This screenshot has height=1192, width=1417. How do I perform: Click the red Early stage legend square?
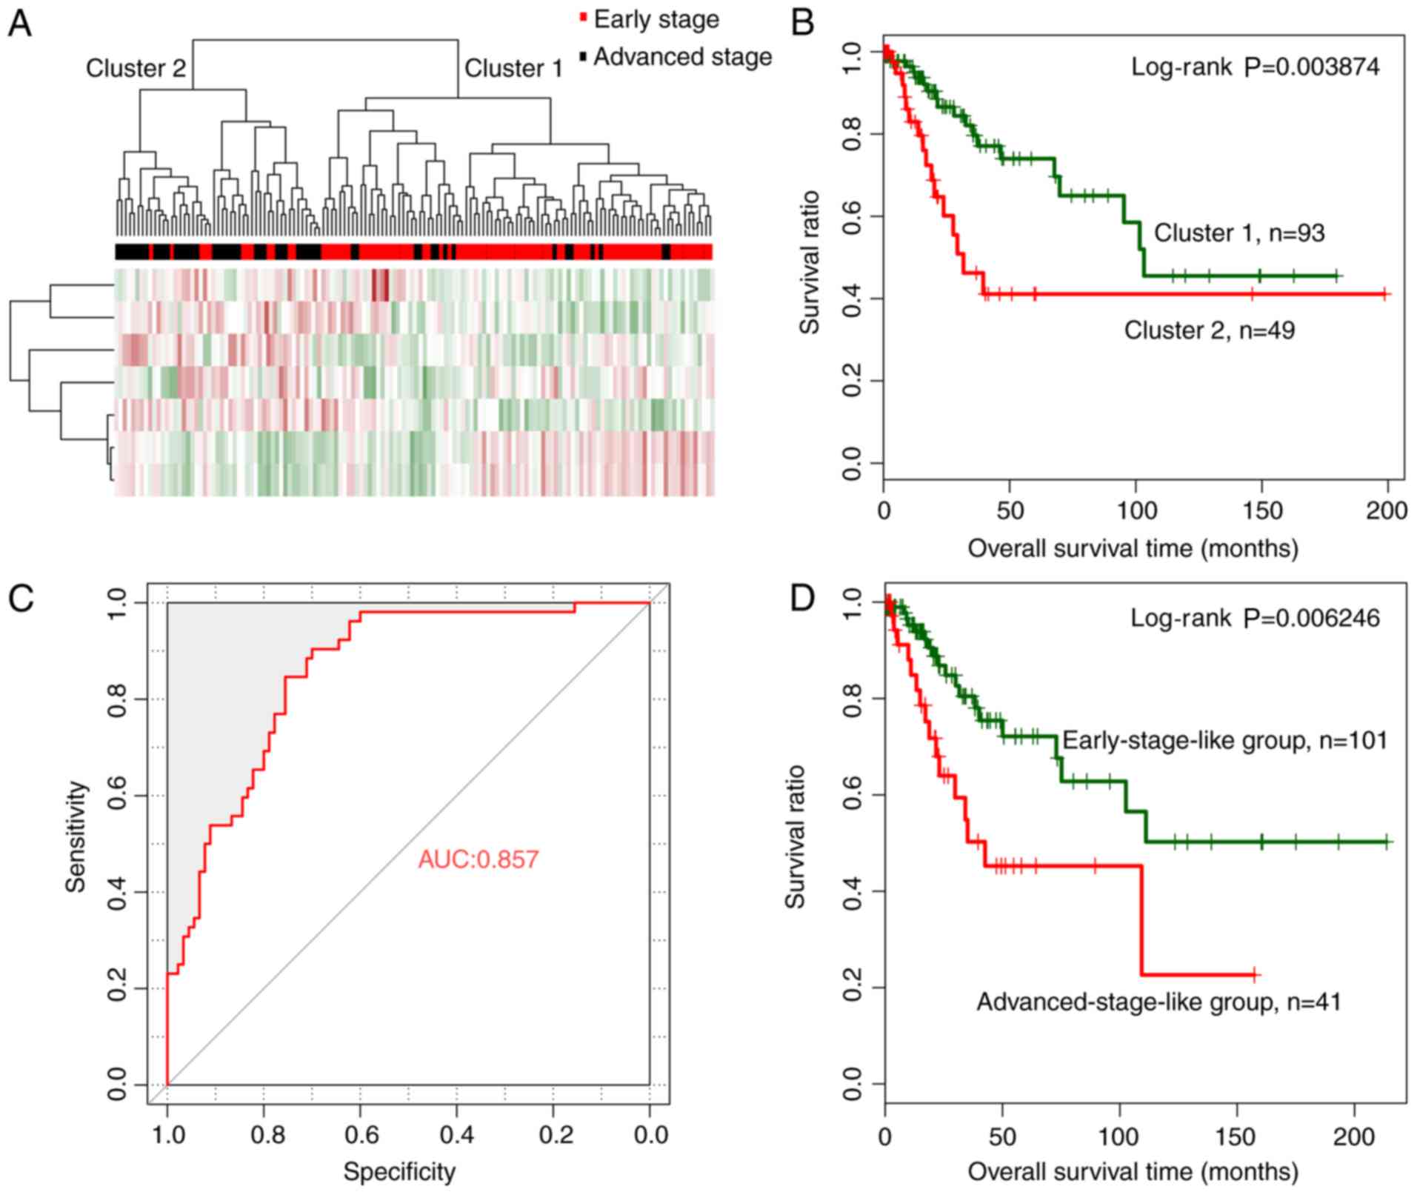(x=584, y=18)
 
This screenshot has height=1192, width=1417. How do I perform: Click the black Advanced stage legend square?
(x=584, y=56)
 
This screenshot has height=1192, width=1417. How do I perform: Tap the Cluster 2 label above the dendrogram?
(x=136, y=68)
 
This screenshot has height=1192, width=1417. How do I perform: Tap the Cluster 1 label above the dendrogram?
(x=513, y=68)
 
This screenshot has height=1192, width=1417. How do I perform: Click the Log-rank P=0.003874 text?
(x=1255, y=67)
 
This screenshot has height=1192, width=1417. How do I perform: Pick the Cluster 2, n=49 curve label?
(x=1209, y=330)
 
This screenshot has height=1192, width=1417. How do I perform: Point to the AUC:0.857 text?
(x=479, y=859)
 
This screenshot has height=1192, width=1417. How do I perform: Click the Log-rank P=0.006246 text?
(x=1255, y=618)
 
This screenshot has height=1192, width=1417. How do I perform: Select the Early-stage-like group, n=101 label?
(x=1224, y=740)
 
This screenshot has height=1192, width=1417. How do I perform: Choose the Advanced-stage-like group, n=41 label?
(x=1158, y=1002)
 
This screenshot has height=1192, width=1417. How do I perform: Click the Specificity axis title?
(x=399, y=1171)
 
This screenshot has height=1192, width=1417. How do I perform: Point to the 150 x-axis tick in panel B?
(x=1261, y=511)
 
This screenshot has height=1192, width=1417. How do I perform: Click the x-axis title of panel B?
(x=1133, y=548)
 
